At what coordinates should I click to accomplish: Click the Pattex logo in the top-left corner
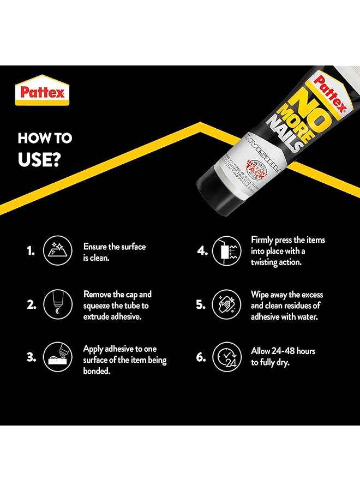[43, 91]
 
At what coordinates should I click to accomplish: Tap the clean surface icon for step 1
[56, 252]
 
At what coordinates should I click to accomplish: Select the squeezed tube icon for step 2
[56, 304]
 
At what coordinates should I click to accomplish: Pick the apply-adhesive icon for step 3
[56, 357]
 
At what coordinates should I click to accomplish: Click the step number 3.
[32, 357]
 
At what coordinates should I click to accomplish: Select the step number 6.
[201, 357]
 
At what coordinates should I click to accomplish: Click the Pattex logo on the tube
[330, 87]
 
